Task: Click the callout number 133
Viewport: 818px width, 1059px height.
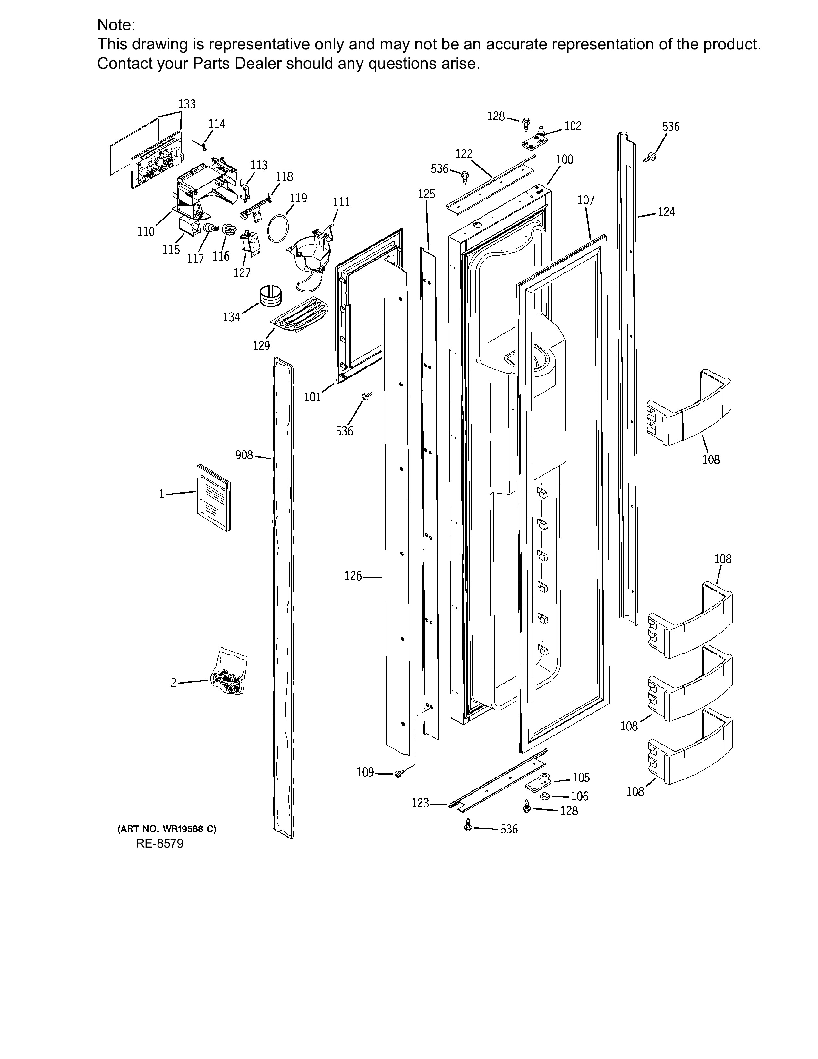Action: click(187, 104)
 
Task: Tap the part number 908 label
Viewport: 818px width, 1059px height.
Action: click(244, 455)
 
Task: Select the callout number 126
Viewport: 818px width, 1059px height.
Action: click(353, 576)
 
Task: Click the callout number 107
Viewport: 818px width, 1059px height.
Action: click(586, 200)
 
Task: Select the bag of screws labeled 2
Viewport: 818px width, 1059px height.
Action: click(229, 671)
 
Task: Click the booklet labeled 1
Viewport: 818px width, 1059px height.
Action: click(214, 497)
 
